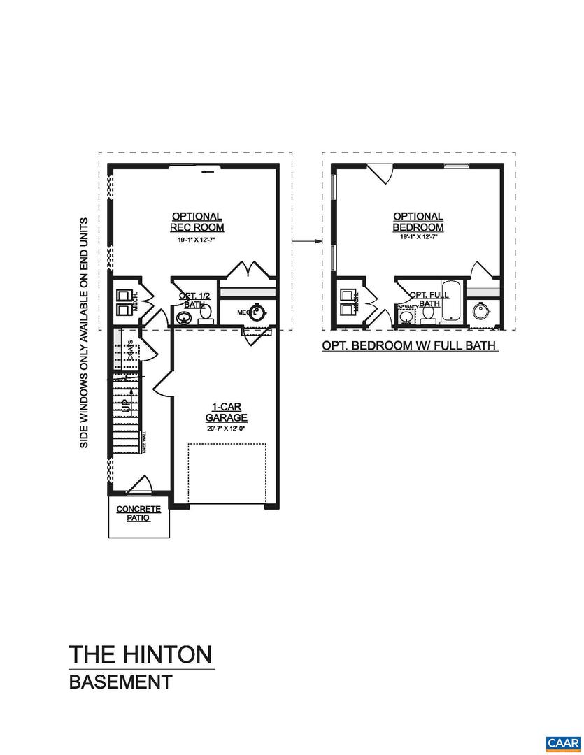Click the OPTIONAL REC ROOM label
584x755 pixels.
point(197,222)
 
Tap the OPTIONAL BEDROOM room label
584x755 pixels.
point(418,222)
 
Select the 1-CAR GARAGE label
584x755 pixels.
point(227,412)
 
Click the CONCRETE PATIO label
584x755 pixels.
point(138,514)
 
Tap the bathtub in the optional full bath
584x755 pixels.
point(451,302)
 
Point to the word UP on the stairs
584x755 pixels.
point(124,405)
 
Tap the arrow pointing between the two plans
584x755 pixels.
point(301,241)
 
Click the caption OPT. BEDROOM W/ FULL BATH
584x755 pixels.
point(409,345)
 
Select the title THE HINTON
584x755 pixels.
point(140,655)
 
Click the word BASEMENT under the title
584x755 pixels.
point(120,682)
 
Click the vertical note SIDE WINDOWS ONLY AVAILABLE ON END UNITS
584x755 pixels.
point(84,332)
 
